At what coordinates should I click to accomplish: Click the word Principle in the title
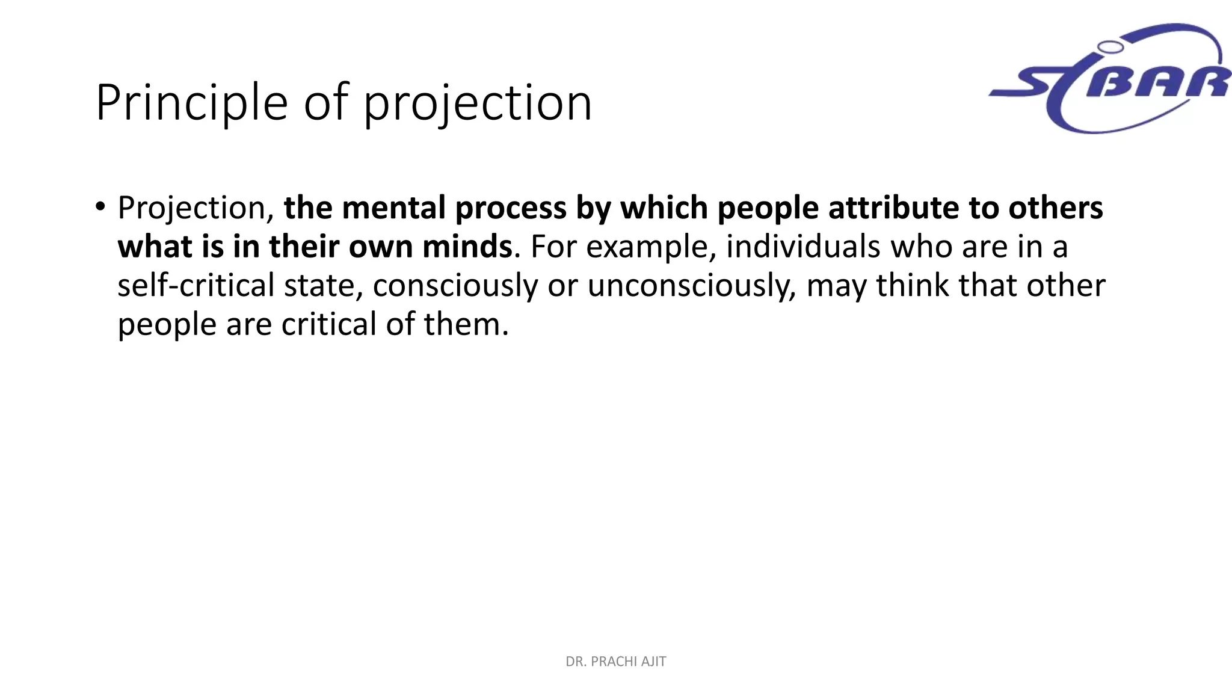191,103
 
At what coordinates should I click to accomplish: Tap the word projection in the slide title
478,103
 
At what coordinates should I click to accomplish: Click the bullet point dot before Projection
100,206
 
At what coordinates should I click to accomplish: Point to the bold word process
511,209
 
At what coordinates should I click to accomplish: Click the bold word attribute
893,208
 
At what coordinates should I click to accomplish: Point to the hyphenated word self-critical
196,285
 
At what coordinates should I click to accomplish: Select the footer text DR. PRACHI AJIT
615,662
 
